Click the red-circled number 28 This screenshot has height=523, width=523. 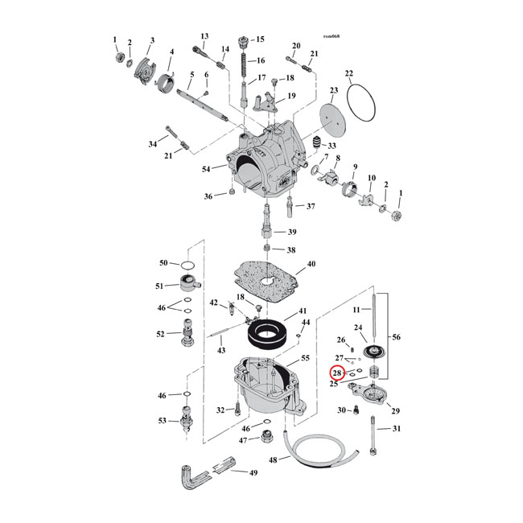(337, 373)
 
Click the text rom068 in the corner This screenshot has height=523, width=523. (332, 36)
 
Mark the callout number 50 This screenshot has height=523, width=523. (163, 263)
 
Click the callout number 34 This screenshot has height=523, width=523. (153, 144)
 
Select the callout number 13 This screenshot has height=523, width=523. (204, 36)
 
